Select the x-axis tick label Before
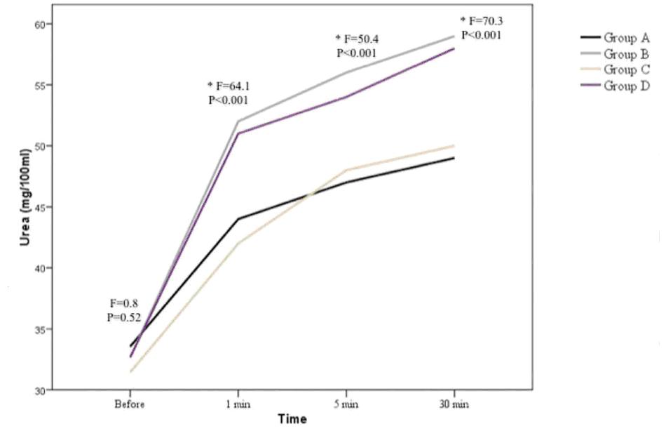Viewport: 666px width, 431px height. point(130,405)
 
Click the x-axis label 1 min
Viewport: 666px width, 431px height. point(238,405)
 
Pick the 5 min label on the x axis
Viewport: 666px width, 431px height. point(346,405)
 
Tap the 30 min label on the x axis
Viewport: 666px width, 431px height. point(454,405)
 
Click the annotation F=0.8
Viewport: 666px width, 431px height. point(124,304)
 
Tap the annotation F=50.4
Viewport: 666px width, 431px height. point(358,39)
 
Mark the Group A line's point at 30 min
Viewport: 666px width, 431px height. point(454,158)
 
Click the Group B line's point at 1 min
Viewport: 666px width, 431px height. point(238,121)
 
